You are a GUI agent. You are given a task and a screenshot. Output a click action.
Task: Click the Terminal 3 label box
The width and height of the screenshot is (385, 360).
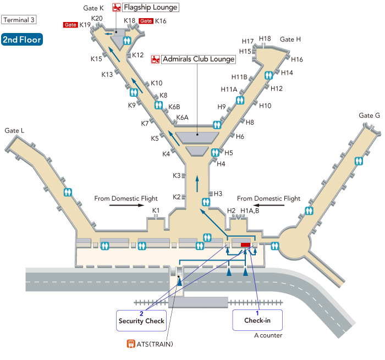[19, 20]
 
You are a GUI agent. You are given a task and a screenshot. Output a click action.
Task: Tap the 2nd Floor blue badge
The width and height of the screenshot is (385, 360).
[22, 40]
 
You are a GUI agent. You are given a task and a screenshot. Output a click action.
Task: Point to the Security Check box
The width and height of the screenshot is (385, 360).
[141, 319]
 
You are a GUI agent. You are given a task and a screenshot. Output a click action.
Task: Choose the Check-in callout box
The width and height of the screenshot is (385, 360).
[257, 319]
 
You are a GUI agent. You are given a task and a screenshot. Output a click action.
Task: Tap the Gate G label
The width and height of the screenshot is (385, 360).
[369, 115]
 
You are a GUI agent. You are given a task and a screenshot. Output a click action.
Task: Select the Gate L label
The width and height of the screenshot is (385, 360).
[15, 131]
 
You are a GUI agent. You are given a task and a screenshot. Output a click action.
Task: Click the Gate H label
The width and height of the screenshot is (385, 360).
[290, 40]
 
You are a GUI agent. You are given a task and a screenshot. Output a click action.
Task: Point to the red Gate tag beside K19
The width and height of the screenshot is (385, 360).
[70, 25]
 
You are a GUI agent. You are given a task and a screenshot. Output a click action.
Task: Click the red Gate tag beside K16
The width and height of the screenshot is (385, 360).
[146, 21]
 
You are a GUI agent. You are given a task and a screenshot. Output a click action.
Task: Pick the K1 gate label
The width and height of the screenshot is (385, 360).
[156, 211]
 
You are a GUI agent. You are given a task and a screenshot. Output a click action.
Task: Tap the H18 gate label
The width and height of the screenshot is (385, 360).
[265, 38]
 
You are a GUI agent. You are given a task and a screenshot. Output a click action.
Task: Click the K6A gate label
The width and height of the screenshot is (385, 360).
[182, 118]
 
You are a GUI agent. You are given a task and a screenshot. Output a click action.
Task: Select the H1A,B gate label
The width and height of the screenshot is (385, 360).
[250, 211]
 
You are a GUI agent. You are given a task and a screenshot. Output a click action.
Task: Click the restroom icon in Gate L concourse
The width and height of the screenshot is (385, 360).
[68, 192]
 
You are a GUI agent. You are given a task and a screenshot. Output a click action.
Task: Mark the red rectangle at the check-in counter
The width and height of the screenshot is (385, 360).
[245, 245]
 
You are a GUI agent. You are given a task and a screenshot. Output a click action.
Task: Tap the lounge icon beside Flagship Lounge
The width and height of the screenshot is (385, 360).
[117, 8]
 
